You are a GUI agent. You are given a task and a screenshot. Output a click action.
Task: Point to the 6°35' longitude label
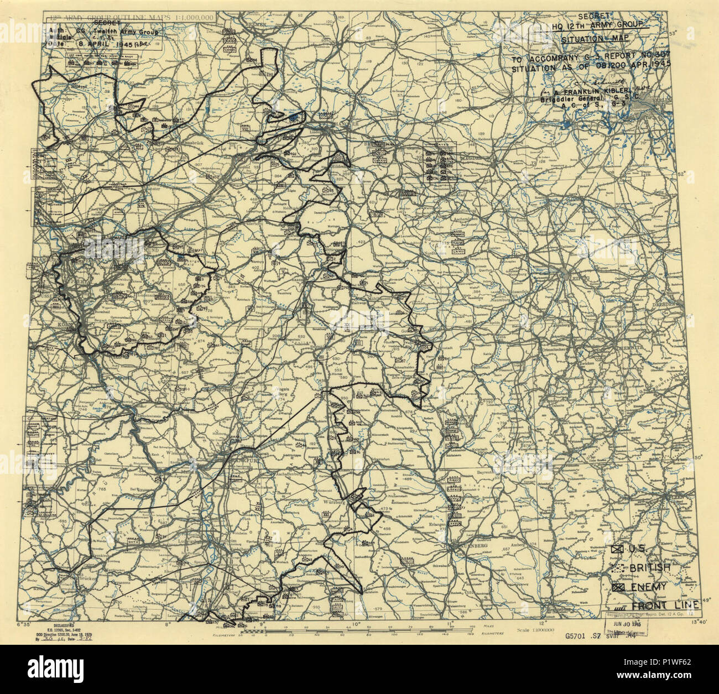coord(25,624)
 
